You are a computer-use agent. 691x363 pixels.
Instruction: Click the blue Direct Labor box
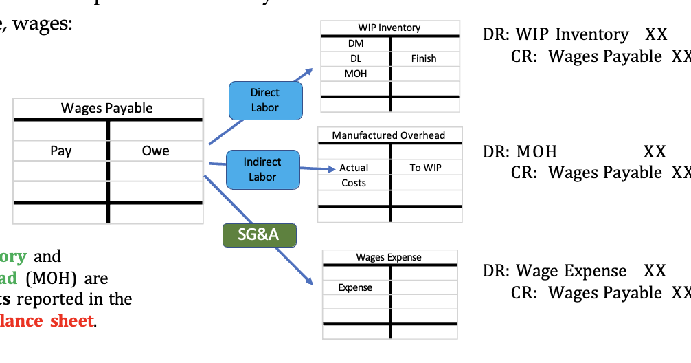[264, 99]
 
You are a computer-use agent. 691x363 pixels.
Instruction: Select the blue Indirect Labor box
[262, 169]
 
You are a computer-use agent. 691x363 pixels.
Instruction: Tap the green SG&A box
[258, 235]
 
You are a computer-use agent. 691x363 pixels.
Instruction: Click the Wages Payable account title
[107, 108]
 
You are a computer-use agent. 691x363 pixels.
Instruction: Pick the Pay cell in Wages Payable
[60, 151]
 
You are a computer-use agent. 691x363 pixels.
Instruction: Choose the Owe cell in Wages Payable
[155, 151]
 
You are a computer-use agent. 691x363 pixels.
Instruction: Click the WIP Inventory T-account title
[389, 27]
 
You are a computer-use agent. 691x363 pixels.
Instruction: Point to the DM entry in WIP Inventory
[355, 43]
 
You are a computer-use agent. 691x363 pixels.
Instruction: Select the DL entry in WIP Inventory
[355, 58]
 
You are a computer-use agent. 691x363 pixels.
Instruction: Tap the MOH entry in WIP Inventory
[355, 73]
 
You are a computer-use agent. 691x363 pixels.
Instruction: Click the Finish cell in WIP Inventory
[424, 58]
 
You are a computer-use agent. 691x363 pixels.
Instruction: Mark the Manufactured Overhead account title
[389, 135]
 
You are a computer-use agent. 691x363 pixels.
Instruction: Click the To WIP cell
[425, 168]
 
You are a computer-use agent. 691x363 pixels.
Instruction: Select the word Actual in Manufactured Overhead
[354, 168]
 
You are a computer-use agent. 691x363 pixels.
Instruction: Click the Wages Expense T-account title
[389, 257]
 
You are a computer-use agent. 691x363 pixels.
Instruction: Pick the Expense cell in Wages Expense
[355, 287]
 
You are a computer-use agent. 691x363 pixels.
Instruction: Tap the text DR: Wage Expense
[555, 271]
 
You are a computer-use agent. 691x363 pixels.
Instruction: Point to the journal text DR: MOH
[520, 151]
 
